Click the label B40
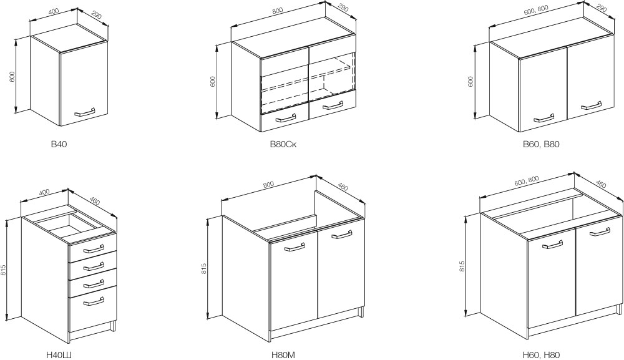59,144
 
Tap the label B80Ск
283,144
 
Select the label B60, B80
541,144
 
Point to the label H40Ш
59,355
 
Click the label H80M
283,355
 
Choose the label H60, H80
541,355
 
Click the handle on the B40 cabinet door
85,112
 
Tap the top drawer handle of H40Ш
94,249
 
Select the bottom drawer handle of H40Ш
94,302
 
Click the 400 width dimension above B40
52,11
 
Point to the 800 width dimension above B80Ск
278,11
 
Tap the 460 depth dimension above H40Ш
94,200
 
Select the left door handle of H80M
295,247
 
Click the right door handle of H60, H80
600,232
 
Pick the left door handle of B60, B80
544,118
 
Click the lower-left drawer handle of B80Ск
285,118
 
